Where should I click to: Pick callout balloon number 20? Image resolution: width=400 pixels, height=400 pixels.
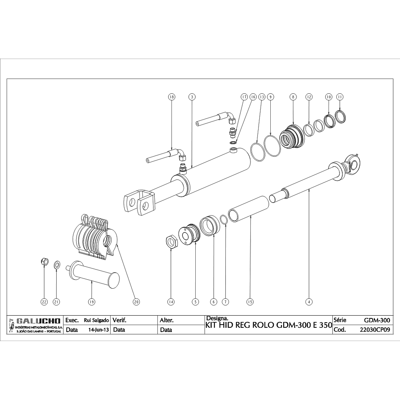click(136, 302)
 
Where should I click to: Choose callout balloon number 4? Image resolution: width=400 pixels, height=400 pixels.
click(309, 302)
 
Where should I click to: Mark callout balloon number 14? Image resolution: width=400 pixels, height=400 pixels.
click(171, 302)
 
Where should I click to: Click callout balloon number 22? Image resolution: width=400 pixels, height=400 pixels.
click(44, 302)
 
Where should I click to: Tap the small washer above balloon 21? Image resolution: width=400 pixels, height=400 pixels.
click(57, 265)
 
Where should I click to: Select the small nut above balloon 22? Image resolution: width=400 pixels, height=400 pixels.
click(44, 261)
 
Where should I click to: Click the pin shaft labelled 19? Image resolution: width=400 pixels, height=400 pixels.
click(94, 276)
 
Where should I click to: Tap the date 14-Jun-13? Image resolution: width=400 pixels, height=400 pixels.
click(98, 330)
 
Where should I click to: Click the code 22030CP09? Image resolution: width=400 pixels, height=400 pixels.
click(375, 330)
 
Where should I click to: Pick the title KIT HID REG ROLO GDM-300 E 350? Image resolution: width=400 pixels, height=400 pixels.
click(268, 325)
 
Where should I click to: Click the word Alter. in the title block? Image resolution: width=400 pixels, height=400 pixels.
click(167, 320)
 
